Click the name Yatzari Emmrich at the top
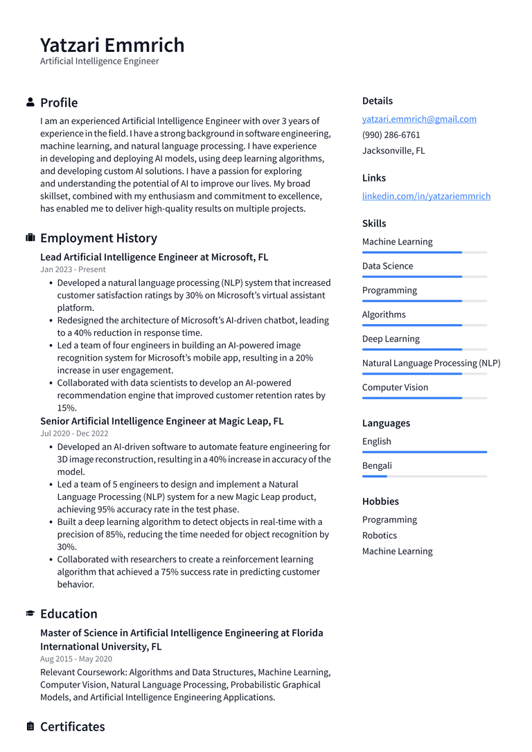tap(112, 45)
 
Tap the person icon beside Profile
tap(30, 102)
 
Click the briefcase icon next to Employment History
tap(30, 238)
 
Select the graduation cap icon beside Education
tap(30, 614)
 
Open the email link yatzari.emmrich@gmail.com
tap(419, 119)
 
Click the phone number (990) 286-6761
tap(391, 135)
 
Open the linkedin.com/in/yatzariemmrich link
tap(426, 196)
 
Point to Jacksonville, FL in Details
tap(393, 150)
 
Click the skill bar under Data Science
tap(424, 277)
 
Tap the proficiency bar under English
tap(424, 452)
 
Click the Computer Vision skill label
tap(395, 388)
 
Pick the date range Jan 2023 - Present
tap(73, 269)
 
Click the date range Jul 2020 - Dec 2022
tap(74, 433)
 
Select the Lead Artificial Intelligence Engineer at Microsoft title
tap(154, 257)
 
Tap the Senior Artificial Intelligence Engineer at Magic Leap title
tap(161, 421)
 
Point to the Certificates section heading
tap(72, 726)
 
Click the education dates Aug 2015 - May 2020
tap(76, 659)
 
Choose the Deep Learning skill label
tap(391, 339)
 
